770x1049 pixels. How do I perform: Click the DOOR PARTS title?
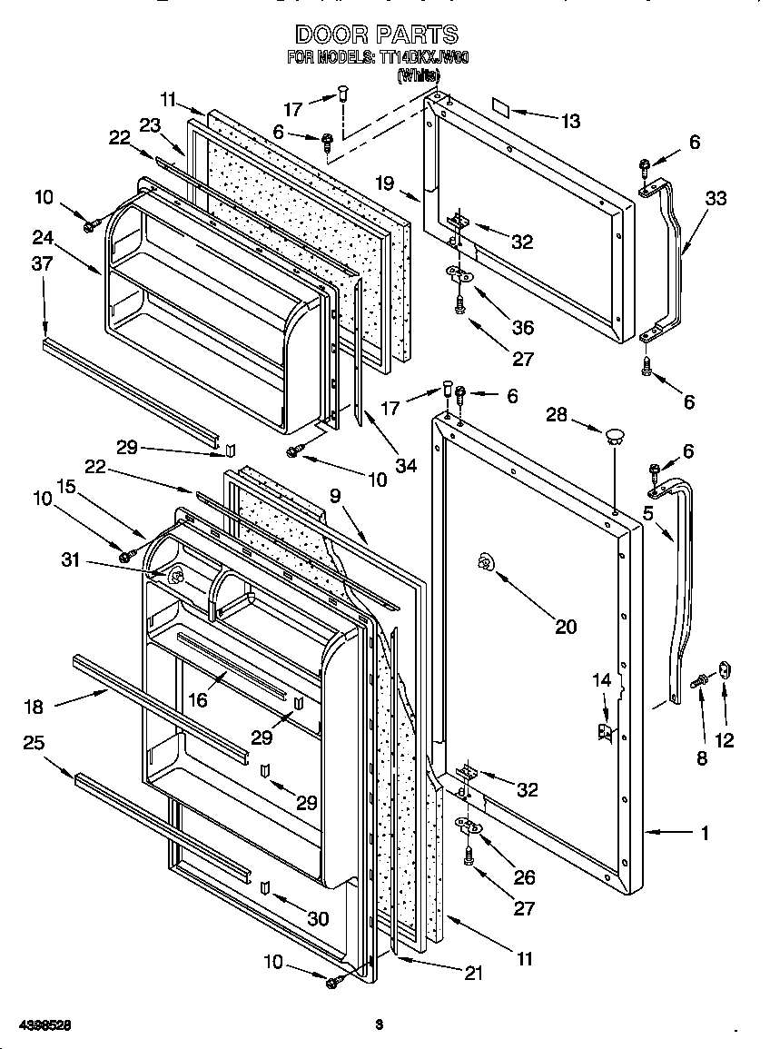[377, 35]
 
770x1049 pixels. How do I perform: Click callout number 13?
[570, 122]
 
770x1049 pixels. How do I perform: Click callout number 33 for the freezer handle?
[716, 198]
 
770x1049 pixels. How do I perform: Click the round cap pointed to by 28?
[615, 435]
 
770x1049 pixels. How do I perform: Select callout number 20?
[565, 627]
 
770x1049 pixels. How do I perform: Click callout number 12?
[724, 740]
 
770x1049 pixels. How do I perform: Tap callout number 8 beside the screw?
[701, 758]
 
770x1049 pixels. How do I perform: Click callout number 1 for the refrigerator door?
[705, 831]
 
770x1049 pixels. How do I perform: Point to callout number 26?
[524, 877]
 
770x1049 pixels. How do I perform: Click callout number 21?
[472, 974]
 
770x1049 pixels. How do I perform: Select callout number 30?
[317, 919]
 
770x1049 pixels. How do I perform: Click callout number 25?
[34, 743]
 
